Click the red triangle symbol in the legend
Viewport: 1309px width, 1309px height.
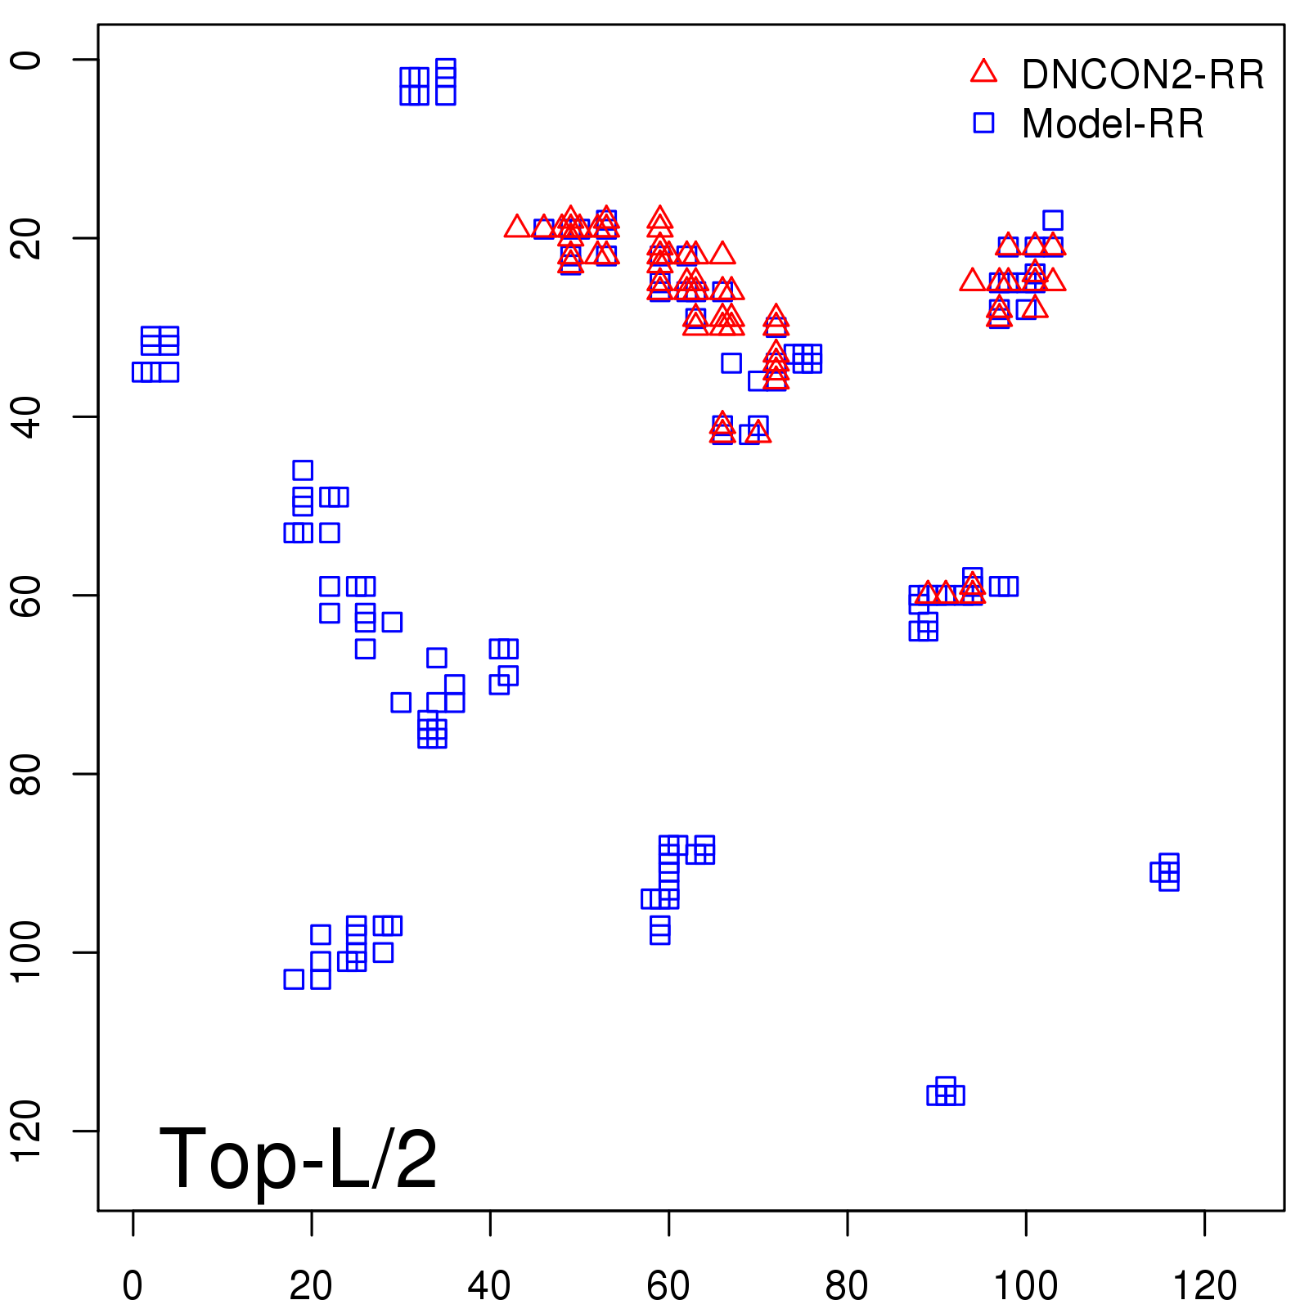point(983,72)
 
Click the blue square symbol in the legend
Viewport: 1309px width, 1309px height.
point(983,123)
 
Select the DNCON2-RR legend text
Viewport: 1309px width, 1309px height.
point(1142,75)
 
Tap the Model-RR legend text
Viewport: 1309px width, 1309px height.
point(1112,124)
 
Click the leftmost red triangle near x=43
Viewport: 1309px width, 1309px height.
point(516,227)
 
